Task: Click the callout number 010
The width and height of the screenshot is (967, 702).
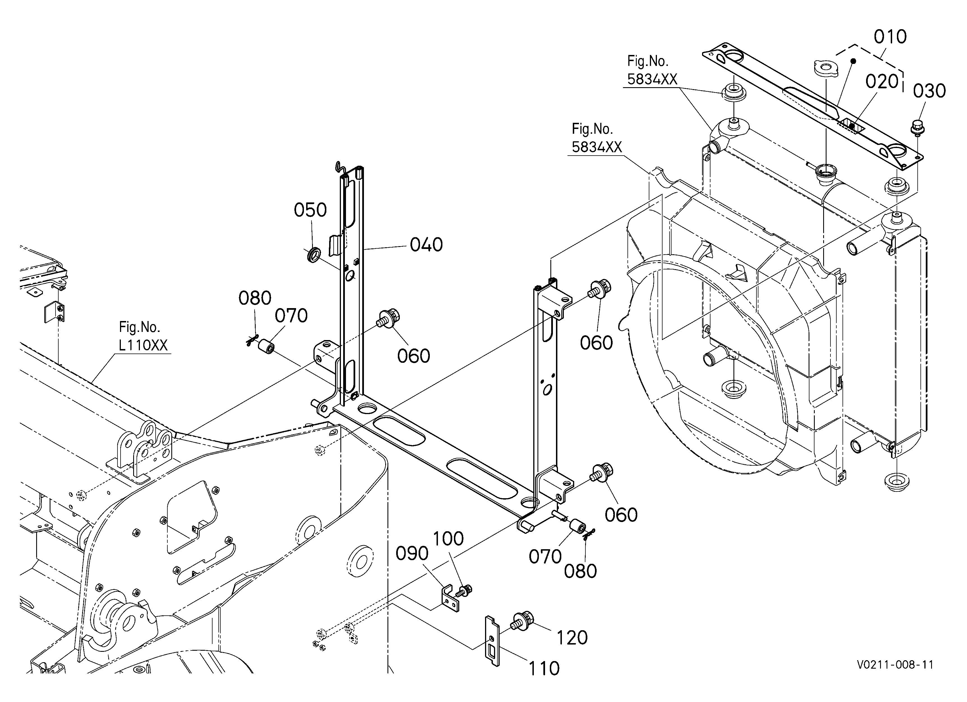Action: pyautogui.click(x=890, y=37)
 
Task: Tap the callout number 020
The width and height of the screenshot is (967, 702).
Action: pyautogui.click(x=882, y=81)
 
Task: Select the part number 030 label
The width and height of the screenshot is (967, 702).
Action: pyautogui.click(x=929, y=91)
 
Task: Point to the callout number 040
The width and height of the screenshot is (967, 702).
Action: pyautogui.click(x=426, y=245)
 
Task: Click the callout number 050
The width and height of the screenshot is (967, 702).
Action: pyautogui.click(x=310, y=210)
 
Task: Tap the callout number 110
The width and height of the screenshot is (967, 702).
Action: pyautogui.click(x=544, y=668)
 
